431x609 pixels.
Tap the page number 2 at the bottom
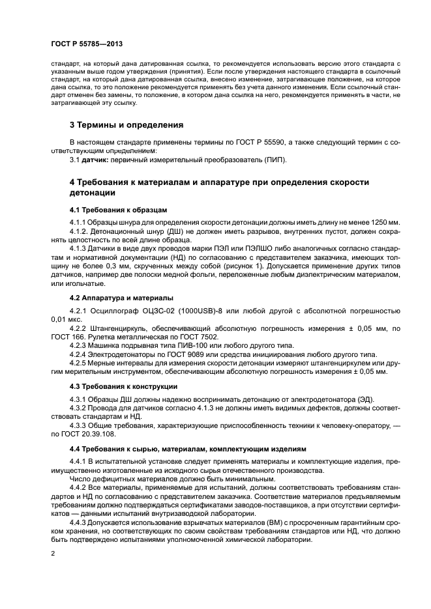53,554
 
